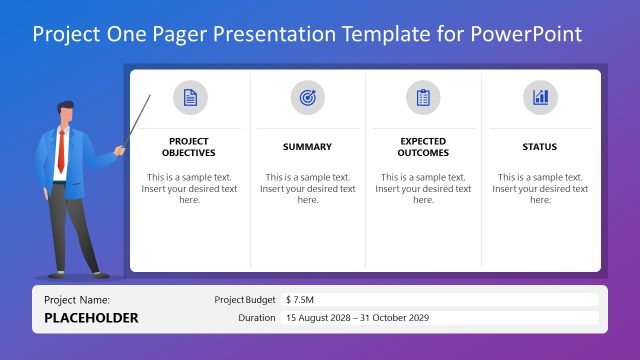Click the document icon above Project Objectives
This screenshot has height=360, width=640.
pos(190,97)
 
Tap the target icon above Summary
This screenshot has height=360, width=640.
pos(307,97)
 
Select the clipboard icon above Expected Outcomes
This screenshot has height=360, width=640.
pos(423,97)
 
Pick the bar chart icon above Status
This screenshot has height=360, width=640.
pos(540,97)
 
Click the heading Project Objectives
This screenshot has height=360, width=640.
pos(189,147)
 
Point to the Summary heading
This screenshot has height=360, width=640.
pos(307,147)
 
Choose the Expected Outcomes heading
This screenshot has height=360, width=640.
pos(423,147)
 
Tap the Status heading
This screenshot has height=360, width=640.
pos(540,147)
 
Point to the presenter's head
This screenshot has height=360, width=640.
pos(66,113)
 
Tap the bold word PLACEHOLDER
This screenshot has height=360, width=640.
pos(91,318)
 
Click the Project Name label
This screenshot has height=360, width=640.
pos(77,299)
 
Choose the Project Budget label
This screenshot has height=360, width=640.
pos(245,299)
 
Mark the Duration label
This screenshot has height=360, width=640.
pos(257,318)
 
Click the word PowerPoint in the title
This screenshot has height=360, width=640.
pos(531,34)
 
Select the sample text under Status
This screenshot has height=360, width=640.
pos(540,188)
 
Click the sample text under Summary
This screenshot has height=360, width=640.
pos(307,188)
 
